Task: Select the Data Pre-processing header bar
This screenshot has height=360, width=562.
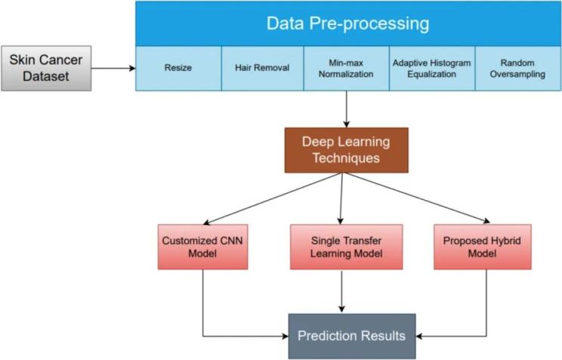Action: tap(347, 23)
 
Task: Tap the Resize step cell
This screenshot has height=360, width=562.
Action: tap(178, 69)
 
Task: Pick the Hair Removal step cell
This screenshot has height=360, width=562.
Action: tap(262, 69)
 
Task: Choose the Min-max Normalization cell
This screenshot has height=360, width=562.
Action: tap(347, 69)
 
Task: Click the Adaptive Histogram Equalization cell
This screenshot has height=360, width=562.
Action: tap(431, 69)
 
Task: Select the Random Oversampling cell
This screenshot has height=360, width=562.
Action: tap(517, 69)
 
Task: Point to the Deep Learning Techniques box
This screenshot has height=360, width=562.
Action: tap(345, 150)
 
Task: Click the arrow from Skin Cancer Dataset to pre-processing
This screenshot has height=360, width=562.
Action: tap(113, 69)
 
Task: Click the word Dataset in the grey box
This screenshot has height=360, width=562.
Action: tap(46, 76)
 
